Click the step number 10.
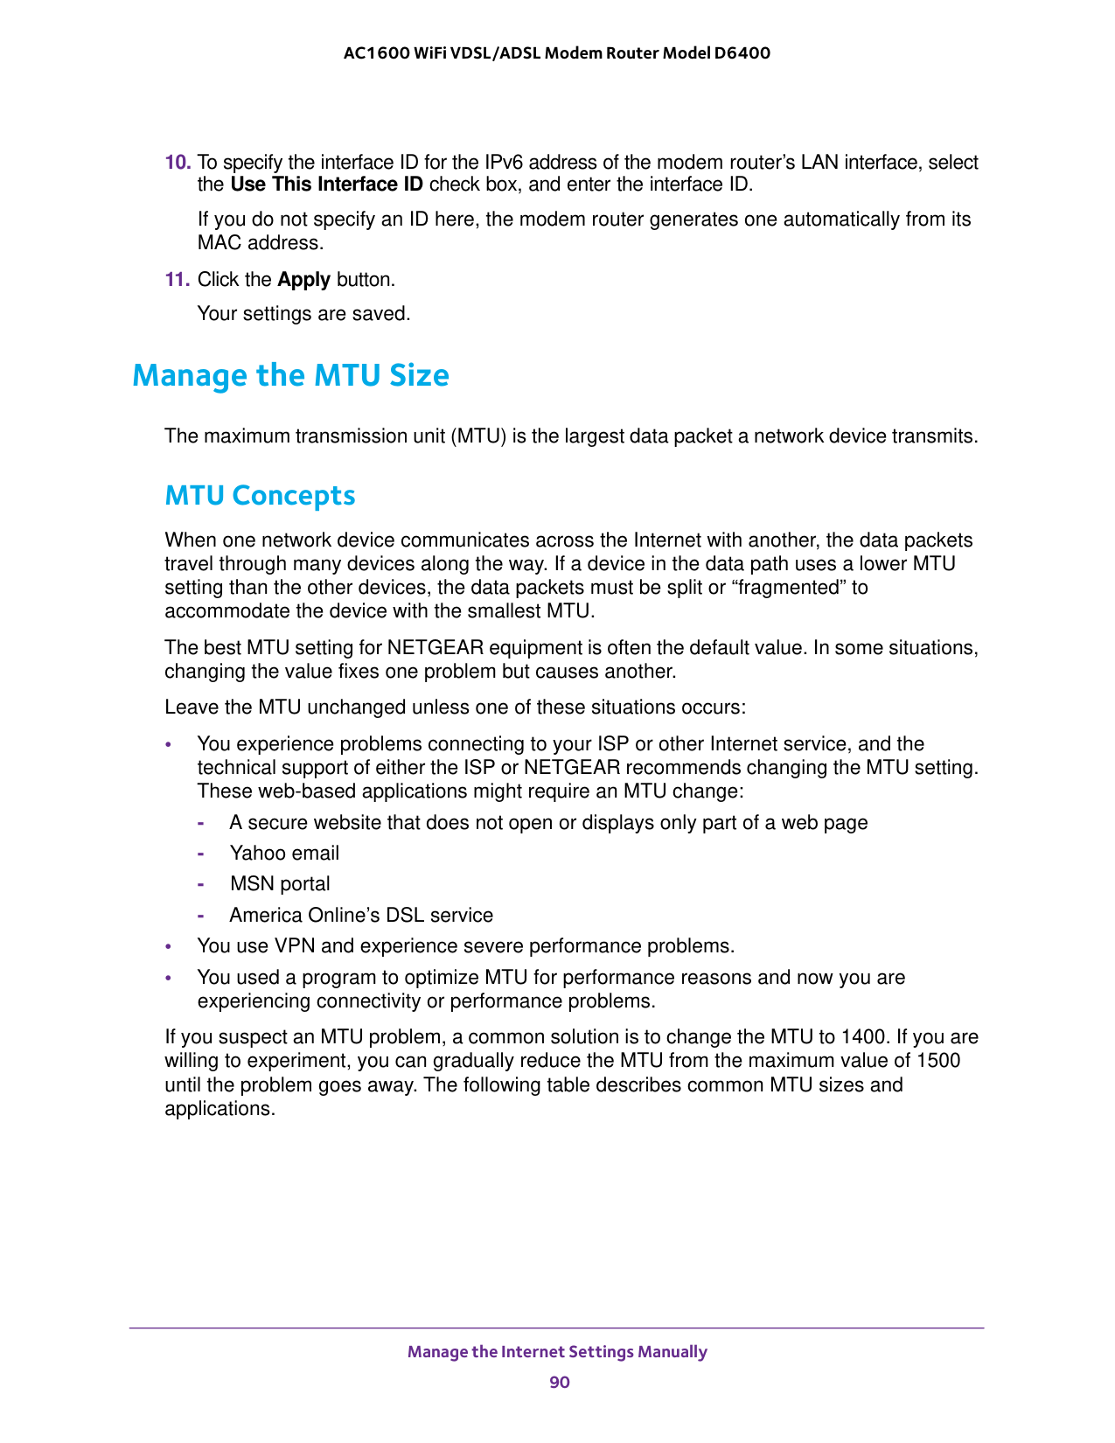(x=178, y=163)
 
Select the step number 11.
(x=178, y=280)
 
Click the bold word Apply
(x=303, y=280)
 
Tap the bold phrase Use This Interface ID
(x=326, y=185)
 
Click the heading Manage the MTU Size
(x=290, y=375)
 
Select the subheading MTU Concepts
(x=260, y=496)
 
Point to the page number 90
(x=560, y=1382)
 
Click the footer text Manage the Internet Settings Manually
(x=557, y=1351)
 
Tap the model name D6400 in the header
(x=742, y=53)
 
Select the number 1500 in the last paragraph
(x=938, y=1061)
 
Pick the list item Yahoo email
(x=284, y=854)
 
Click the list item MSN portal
(x=280, y=884)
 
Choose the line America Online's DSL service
(x=361, y=916)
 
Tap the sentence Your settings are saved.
(x=303, y=313)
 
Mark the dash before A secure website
(x=201, y=823)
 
